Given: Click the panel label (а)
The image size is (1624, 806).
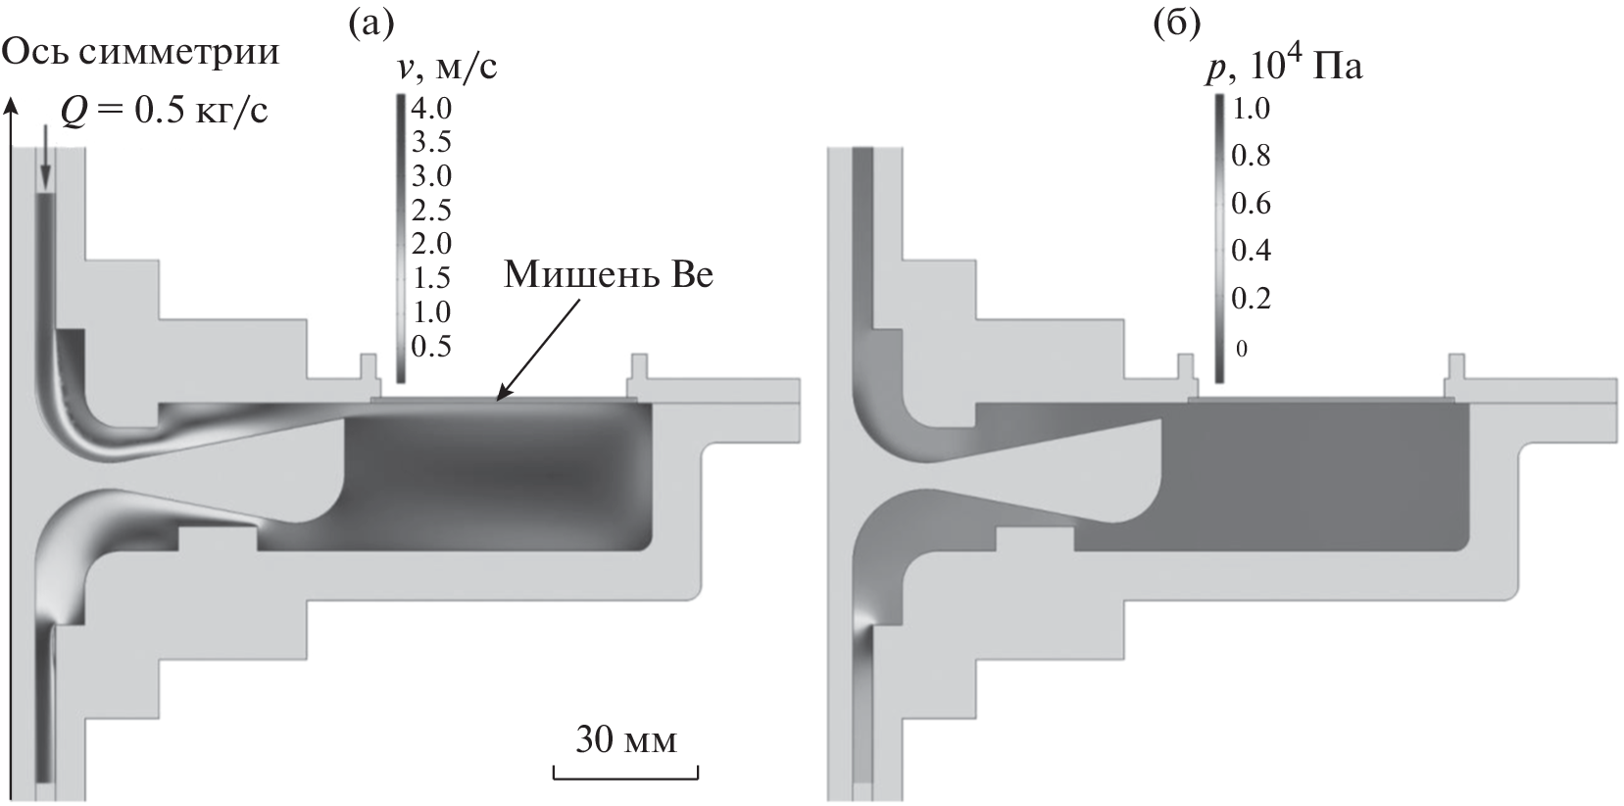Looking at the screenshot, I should coord(371,21).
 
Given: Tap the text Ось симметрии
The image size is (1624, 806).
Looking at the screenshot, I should coord(141,51).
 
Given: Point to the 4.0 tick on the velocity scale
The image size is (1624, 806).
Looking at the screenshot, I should coord(431,107).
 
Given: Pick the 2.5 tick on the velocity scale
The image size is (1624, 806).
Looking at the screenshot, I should coord(431,210).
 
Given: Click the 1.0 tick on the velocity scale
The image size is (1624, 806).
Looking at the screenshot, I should coord(431,312).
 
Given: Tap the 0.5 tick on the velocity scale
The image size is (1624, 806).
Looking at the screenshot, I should coord(431,346).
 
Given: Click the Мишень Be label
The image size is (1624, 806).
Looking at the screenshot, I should coord(608,275).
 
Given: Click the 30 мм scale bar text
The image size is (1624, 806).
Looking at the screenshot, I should coord(625,739).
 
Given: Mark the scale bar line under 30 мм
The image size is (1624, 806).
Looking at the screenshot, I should coord(625,779).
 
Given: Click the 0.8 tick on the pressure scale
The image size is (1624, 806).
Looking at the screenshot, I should coord(1250,155).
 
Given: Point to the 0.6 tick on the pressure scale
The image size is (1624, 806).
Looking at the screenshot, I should coord(1250,203).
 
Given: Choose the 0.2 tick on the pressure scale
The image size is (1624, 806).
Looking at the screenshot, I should coord(1250,298).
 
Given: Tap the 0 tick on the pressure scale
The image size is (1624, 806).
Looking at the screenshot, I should coord(1241,349).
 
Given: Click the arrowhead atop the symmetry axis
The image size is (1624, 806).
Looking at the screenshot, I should coord(12,104).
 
